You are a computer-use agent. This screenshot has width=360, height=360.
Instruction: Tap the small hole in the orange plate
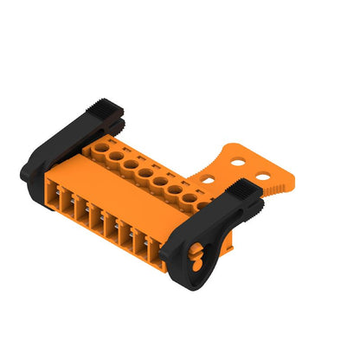coord(209,180)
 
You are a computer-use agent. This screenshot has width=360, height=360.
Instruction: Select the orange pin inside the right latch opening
coord(196,256)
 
